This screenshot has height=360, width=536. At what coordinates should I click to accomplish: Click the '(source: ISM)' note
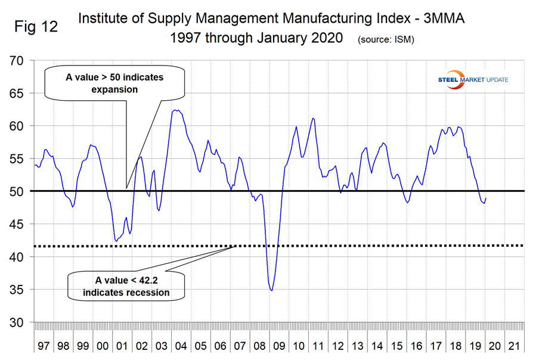(x=385, y=40)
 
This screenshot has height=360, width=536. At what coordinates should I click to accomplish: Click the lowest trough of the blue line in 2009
(x=272, y=290)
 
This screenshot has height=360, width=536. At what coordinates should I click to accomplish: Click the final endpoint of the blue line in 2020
(x=486, y=198)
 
